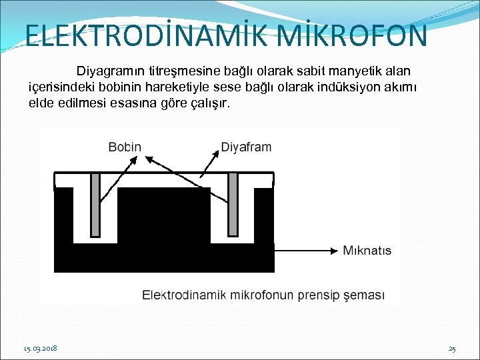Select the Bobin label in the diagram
click(x=125, y=147)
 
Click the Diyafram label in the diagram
click(x=246, y=147)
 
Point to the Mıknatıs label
click(x=367, y=251)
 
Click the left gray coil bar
click(x=95, y=204)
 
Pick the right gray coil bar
click(x=233, y=204)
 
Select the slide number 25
click(x=452, y=349)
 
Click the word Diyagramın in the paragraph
click(x=109, y=71)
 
